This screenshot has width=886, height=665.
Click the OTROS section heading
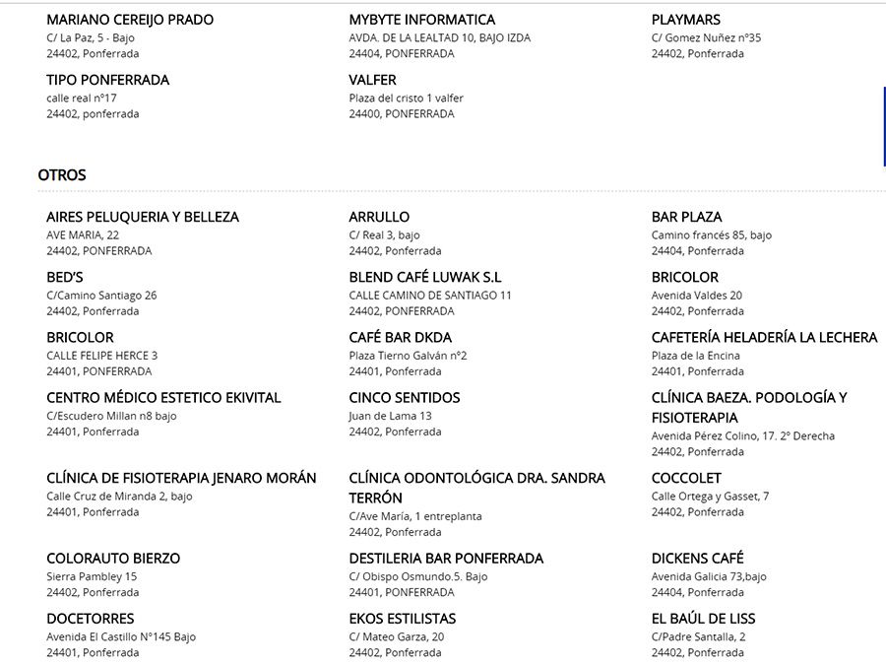[x=62, y=175]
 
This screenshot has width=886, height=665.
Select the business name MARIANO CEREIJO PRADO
[x=130, y=20]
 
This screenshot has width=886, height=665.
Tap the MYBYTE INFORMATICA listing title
[x=421, y=20]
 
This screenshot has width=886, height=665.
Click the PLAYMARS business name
[x=686, y=20]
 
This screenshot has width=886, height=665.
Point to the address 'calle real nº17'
[x=82, y=98]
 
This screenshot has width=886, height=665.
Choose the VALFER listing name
[x=372, y=80]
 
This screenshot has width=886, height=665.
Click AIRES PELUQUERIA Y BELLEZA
[x=143, y=217]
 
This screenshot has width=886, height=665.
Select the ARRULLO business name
[x=379, y=217]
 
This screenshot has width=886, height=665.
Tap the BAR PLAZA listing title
[x=686, y=217]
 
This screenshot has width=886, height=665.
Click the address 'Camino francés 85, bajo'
[x=711, y=235]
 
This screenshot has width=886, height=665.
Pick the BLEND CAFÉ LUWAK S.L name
[x=425, y=277]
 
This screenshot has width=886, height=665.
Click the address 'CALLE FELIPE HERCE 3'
[x=101, y=356]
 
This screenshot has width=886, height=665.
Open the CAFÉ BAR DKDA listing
[x=400, y=338]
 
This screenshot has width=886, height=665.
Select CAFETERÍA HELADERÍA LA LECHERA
[x=764, y=338]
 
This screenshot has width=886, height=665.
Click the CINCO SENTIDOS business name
[x=404, y=398]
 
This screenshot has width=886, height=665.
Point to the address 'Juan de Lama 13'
[x=390, y=416]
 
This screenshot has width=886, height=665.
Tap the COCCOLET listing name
[x=686, y=478]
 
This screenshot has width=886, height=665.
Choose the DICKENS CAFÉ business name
[x=698, y=559]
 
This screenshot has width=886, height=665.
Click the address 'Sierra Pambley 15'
[x=92, y=576]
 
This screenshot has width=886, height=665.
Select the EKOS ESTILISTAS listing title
[x=402, y=619]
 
